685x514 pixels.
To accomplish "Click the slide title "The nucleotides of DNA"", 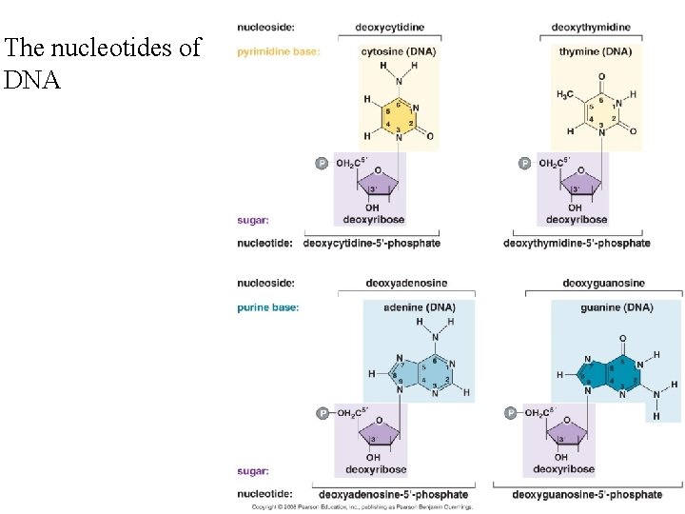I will click(103, 63).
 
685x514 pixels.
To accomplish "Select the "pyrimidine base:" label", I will click(278, 51).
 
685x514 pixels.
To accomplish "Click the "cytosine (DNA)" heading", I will click(398, 51).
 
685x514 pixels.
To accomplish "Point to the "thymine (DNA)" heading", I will click(596, 51).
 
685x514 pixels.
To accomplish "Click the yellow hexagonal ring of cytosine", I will click(398, 115).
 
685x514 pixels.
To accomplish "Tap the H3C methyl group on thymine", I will click(566, 94).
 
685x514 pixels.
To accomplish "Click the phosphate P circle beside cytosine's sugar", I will click(322, 163).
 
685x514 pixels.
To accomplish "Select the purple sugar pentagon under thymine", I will click(577, 182).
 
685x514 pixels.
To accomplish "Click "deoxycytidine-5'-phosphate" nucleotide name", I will click(372, 244).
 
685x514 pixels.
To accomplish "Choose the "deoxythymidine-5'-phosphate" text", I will click(577, 244).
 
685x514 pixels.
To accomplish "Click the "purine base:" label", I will click(268, 307).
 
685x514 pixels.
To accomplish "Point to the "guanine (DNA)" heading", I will click(616, 307).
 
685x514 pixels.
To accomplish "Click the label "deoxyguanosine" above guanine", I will click(603, 283).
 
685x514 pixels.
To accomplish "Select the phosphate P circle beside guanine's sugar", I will click(510, 413).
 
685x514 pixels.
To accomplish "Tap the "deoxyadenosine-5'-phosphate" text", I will click(394, 494).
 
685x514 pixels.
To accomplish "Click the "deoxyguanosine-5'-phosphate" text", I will click(587, 494).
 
